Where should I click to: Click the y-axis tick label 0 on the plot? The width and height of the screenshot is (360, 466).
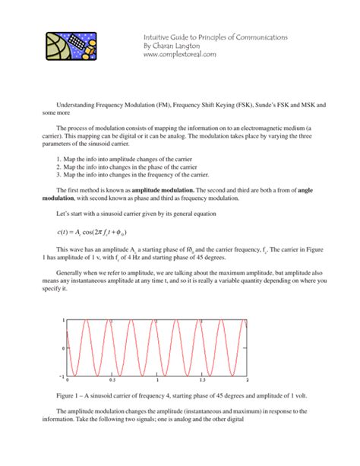point(63,348)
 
